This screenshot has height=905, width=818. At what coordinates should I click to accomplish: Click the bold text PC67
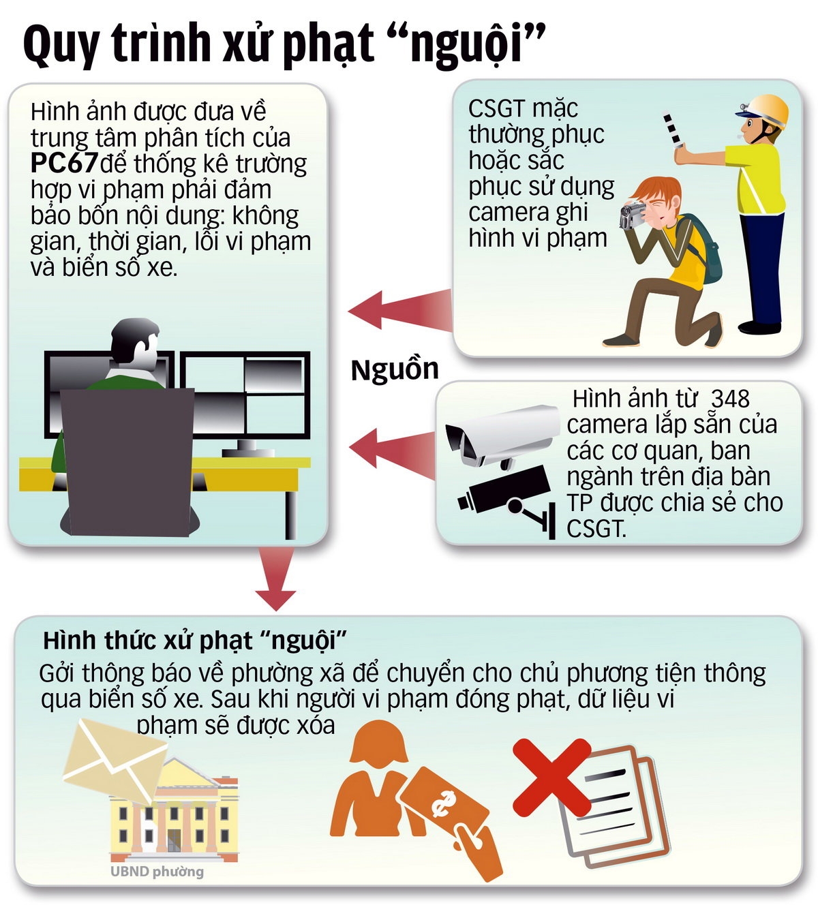[64, 164]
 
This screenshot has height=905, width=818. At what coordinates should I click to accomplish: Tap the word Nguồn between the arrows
[395, 370]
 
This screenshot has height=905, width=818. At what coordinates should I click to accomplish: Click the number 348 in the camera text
[730, 399]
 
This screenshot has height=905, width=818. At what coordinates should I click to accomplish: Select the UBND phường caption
[157, 872]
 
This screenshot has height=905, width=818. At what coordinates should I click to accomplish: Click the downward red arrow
[276, 579]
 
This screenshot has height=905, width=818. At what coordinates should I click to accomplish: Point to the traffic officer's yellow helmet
[768, 110]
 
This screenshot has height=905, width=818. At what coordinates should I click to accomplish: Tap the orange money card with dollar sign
[443, 804]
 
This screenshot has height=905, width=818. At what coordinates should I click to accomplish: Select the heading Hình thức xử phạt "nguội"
[195, 641]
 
